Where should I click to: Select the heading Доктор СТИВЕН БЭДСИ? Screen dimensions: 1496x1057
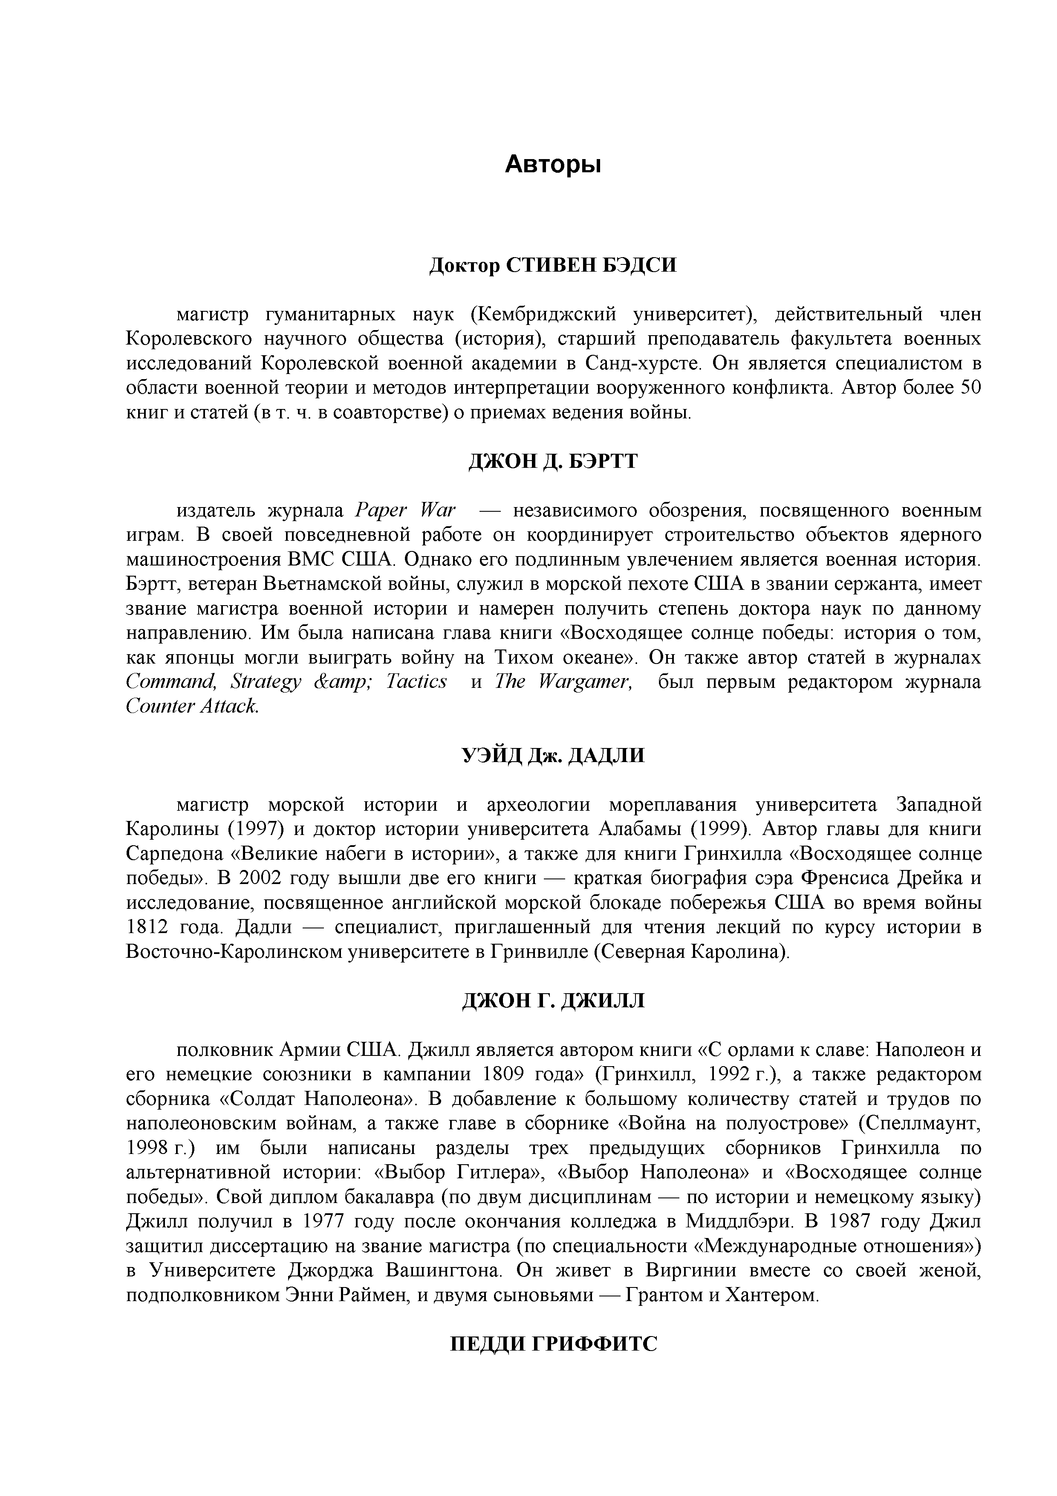point(553,265)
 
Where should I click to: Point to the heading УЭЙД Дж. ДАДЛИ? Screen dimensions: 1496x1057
point(553,755)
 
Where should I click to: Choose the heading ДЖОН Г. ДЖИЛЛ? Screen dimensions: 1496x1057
point(553,1000)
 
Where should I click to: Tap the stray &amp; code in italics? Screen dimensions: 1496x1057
point(343,681)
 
